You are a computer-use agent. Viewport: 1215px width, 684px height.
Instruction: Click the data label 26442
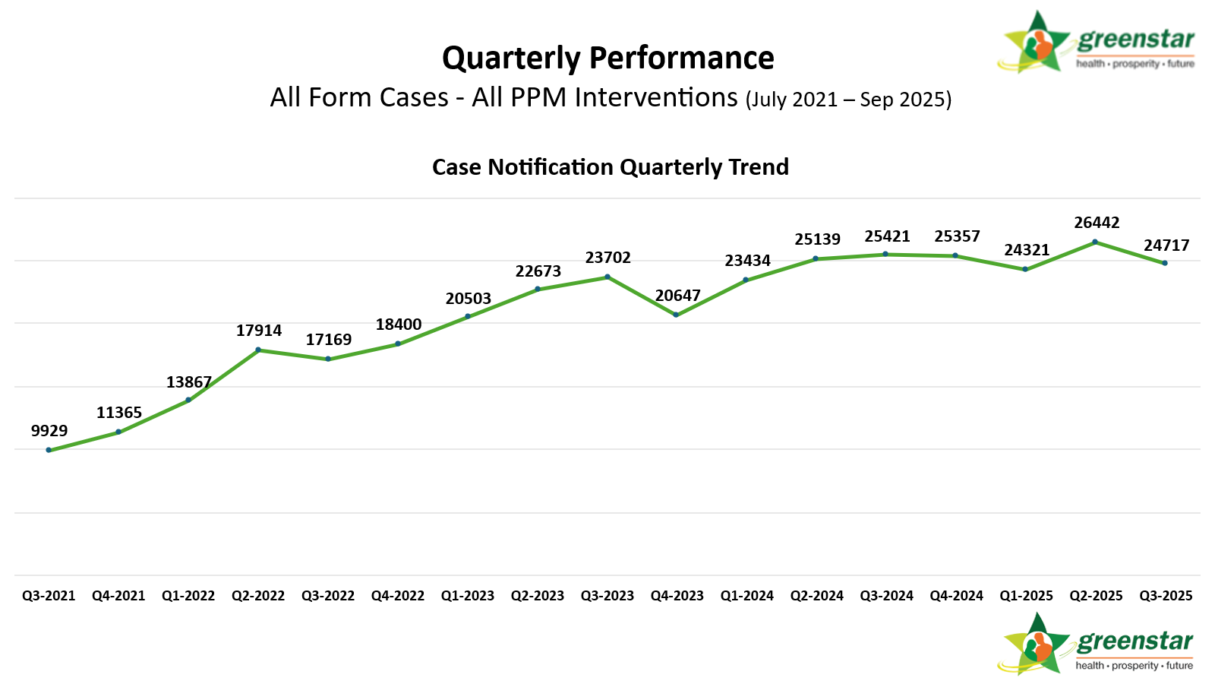click(x=1097, y=223)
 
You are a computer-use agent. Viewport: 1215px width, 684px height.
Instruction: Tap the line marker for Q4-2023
click(x=677, y=315)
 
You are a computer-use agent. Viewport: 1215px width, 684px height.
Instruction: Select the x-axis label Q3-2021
click(x=49, y=596)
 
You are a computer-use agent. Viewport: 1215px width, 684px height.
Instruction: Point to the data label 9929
click(x=49, y=431)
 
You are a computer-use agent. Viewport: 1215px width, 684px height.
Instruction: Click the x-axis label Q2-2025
click(x=1096, y=596)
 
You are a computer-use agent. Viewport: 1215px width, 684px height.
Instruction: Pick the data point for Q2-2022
click(x=258, y=350)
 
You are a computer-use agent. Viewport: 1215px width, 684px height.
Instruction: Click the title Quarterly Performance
click(x=607, y=58)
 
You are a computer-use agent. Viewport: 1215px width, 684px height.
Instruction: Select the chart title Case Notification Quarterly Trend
click(x=611, y=167)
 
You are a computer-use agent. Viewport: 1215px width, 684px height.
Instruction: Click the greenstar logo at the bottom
click(x=1096, y=644)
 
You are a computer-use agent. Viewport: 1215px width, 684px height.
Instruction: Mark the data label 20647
click(x=677, y=296)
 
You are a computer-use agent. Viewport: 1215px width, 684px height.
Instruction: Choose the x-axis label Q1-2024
click(x=747, y=596)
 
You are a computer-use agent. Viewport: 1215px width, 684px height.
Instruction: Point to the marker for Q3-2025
click(x=1165, y=263)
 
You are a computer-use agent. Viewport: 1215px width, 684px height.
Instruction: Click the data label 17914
click(x=259, y=331)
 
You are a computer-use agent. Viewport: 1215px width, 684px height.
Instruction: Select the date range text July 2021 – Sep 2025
click(x=848, y=100)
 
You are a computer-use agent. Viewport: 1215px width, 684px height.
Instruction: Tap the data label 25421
click(x=887, y=236)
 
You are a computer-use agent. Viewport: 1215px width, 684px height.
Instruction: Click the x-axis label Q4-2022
click(x=398, y=596)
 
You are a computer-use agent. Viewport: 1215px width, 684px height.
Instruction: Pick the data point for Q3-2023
click(x=607, y=277)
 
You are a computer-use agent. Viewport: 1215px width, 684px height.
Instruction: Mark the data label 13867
click(x=189, y=382)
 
